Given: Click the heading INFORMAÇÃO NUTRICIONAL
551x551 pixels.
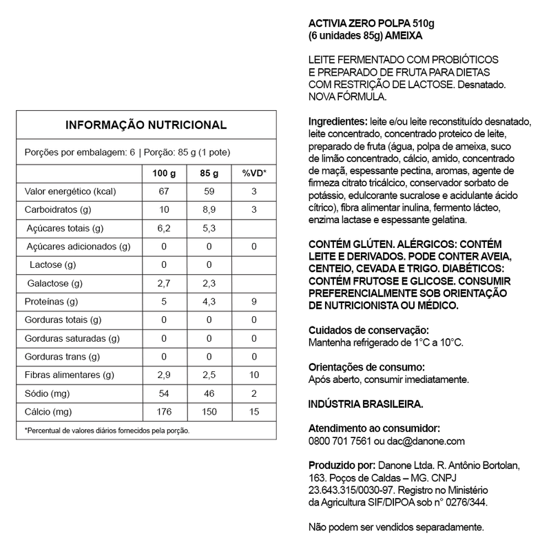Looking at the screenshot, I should click(145, 125).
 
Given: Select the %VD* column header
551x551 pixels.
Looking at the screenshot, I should click(253, 172).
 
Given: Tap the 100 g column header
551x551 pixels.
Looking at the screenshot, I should click(164, 172).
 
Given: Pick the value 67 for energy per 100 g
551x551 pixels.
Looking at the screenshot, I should click(164, 191).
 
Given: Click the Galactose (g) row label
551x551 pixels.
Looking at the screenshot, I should click(55, 283).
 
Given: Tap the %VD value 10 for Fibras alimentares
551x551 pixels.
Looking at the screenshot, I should click(253, 375).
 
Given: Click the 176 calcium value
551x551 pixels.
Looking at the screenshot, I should click(164, 412).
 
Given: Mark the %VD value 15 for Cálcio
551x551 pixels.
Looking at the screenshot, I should click(253, 412).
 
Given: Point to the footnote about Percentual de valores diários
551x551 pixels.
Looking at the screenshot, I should click(107, 430).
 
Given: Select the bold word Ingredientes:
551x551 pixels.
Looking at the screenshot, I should click(338, 120).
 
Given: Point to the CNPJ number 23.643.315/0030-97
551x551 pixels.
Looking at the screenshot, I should click(350, 490).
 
